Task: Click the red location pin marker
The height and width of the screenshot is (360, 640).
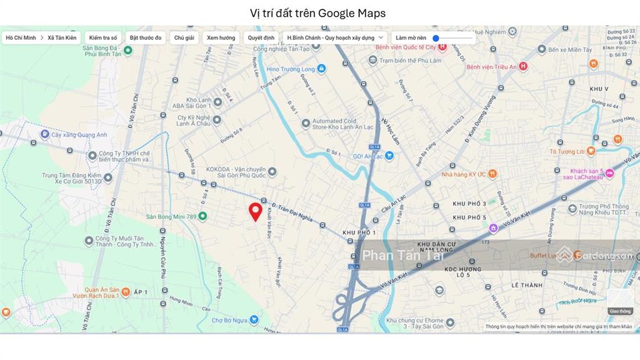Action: [x=255, y=212]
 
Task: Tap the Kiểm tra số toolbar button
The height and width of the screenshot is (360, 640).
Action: [x=103, y=37]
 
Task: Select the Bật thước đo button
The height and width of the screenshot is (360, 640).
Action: [x=146, y=37]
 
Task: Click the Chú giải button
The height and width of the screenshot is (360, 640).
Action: [x=184, y=37]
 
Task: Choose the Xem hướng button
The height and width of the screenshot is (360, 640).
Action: [x=221, y=37]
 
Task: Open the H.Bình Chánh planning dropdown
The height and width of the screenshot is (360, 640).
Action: [x=335, y=37]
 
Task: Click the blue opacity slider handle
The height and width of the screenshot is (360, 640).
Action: [x=436, y=38]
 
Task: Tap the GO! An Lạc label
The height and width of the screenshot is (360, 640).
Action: [x=368, y=156]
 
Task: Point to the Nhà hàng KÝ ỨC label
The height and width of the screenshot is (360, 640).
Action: [x=464, y=174]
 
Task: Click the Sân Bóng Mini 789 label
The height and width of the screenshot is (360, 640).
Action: [x=171, y=216]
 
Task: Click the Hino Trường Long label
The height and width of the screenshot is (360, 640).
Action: [x=287, y=69]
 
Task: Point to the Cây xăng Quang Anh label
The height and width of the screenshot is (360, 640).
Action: [x=79, y=134]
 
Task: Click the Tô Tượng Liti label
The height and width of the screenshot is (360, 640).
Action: [x=567, y=151]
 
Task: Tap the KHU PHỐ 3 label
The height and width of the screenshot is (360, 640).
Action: [x=469, y=204]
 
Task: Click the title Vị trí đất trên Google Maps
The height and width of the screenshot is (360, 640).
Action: [x=317, y=13]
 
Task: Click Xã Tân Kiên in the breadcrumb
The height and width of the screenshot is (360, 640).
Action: [x=62, y=37]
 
